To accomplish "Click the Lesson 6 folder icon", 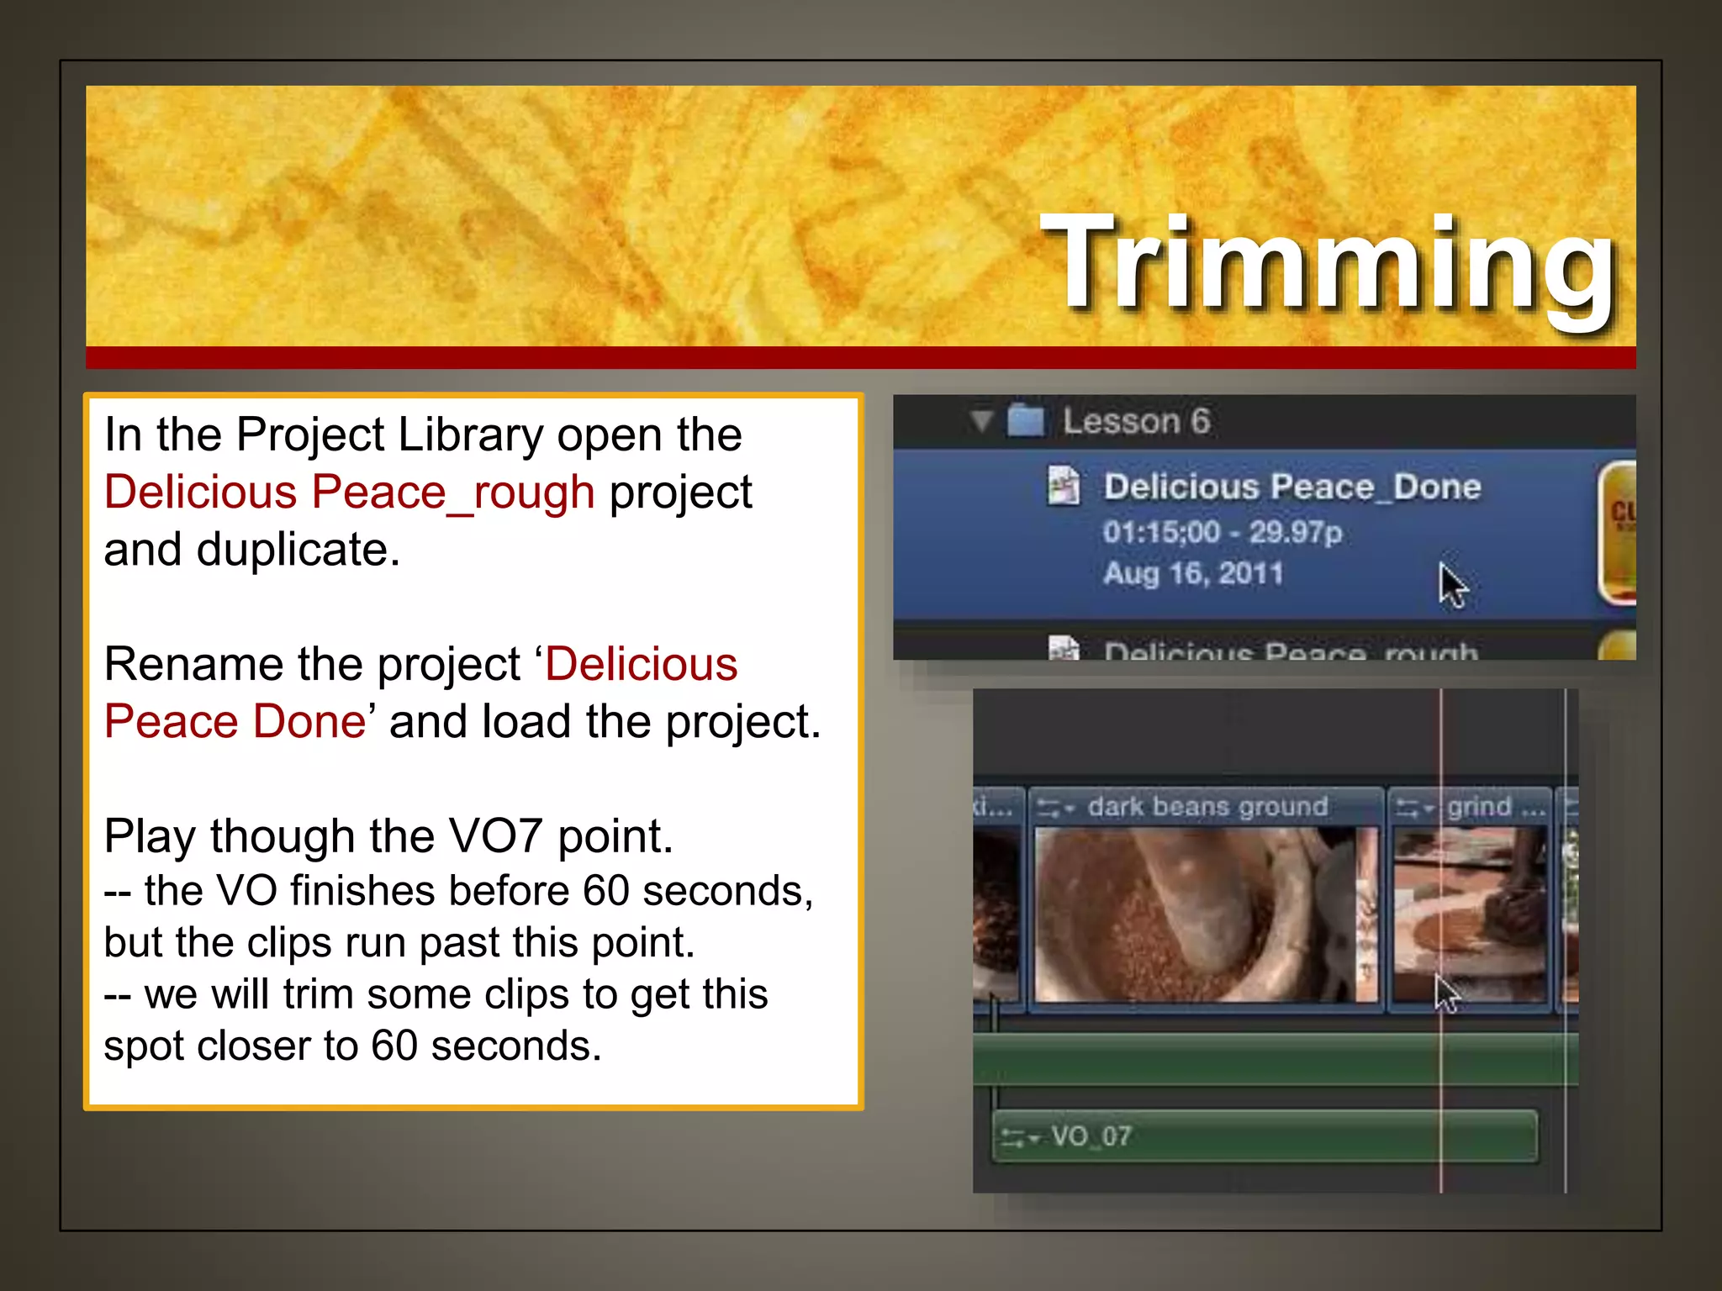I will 1026,419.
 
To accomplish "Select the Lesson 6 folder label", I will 1136,421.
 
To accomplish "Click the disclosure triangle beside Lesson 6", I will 980,419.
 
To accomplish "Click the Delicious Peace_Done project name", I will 1291,487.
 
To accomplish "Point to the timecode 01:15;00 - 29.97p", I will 1222,532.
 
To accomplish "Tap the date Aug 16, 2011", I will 1193,574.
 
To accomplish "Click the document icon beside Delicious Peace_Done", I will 1063,486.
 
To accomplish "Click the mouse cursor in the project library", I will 1450,584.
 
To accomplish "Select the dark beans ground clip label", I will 1207,807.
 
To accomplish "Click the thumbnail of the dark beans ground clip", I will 1204,914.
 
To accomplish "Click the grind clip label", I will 1479,807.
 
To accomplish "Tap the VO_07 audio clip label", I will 1091,1136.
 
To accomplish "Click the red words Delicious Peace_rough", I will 349,493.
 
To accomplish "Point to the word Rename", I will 193,665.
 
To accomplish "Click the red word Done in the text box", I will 309,722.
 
